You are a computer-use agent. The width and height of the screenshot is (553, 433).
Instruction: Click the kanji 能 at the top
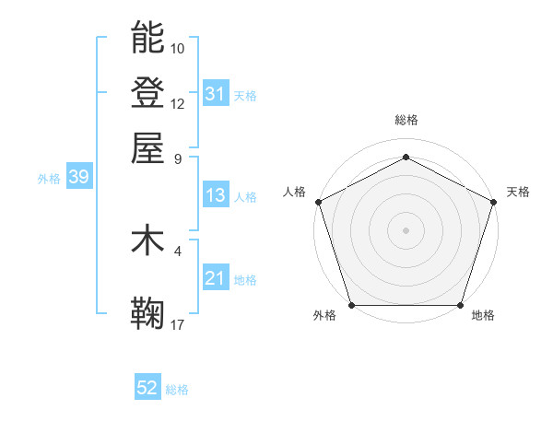[147, 38]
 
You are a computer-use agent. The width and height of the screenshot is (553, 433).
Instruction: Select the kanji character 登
[147, 92]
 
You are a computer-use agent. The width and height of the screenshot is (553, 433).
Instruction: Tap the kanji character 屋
[147, 147]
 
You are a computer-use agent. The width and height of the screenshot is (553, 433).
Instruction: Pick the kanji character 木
[147, 240]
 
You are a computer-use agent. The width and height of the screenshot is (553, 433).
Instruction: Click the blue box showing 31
[215, 94]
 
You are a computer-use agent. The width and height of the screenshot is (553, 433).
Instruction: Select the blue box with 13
[215, 196]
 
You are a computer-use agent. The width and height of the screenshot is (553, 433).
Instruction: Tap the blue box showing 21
[215, 279]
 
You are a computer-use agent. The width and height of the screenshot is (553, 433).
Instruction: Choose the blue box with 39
[78, 178]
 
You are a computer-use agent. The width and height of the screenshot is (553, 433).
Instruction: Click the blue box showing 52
[147, 389]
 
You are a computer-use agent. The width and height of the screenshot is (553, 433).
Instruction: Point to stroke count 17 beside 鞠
[178, 323]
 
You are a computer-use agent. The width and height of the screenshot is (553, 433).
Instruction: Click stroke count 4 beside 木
[178, 250]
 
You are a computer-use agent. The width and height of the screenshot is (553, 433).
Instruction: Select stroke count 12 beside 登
[178, 103]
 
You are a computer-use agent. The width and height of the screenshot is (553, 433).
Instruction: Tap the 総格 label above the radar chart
[406, 120]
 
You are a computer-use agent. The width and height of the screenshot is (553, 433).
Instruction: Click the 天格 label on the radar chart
[518, 192]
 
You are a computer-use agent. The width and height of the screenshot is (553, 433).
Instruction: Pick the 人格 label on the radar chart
[294, 192]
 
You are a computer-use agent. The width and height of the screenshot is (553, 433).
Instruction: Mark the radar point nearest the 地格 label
[461, 305]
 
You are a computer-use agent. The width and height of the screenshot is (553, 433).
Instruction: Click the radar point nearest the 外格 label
[351, 305]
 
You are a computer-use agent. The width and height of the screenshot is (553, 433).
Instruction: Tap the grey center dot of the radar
[406, 229]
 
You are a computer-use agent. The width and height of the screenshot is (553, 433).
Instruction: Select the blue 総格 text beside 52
[177, 390]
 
